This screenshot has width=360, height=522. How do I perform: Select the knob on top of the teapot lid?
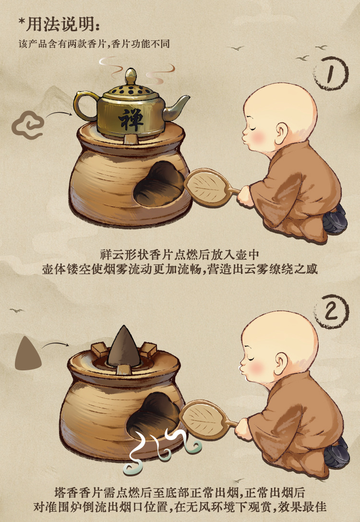[x=131, y=76]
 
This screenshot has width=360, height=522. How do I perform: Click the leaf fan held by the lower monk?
[x=204, y=418]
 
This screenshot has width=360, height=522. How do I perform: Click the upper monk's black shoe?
[x=335, y=219]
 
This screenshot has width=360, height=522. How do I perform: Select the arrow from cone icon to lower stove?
[x=55, y=344]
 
